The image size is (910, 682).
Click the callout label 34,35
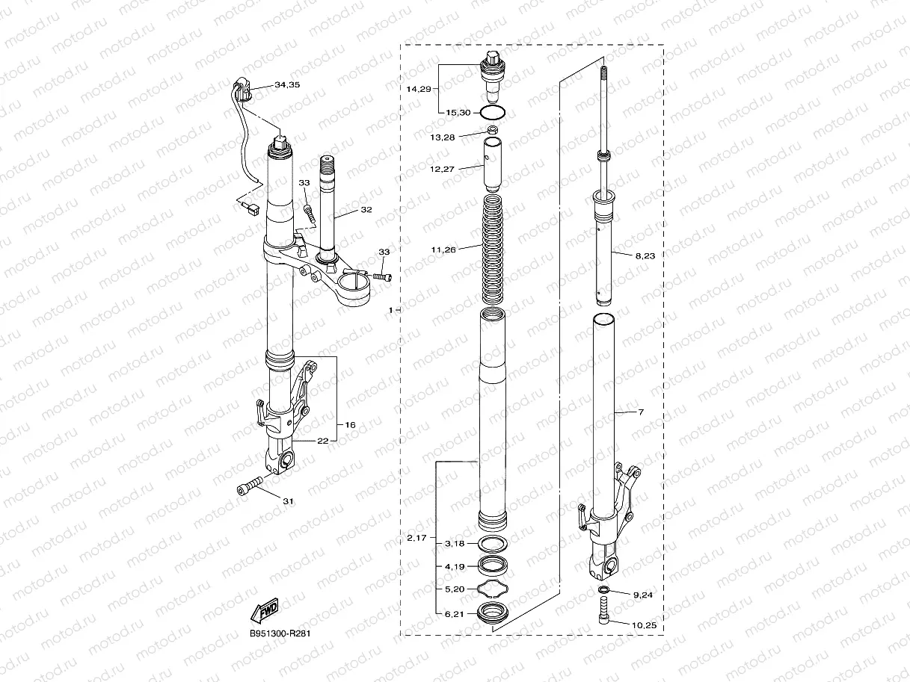287,85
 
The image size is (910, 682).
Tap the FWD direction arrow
265,610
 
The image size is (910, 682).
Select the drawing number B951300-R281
280,633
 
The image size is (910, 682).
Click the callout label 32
366,210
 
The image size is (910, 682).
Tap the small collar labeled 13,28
493,131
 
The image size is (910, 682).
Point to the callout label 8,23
645,255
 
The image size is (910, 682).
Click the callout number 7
640,412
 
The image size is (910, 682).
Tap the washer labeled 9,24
604,592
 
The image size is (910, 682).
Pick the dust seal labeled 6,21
493,613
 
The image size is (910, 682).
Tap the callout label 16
350,424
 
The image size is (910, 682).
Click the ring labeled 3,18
493,542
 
